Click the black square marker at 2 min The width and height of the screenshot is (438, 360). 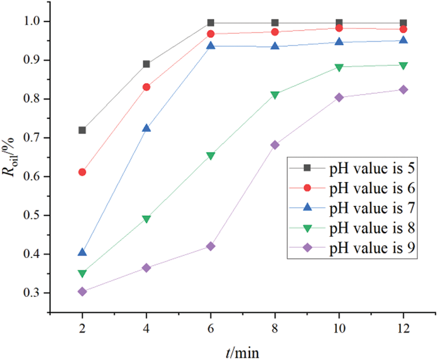coord(82,130)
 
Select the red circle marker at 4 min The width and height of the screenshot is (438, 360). coord(146,87)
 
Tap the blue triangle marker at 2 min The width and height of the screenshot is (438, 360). coord(82,252)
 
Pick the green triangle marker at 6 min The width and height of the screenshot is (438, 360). coord(211,156)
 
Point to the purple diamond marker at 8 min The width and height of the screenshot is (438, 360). coord(275,145)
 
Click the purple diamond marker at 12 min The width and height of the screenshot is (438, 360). coord(403,90)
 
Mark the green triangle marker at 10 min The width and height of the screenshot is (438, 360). coord(339,67)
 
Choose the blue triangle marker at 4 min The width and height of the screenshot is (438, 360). coord(146,128)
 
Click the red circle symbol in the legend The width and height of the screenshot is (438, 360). coord(307,188)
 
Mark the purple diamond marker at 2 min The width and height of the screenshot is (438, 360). coord(82,292)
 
